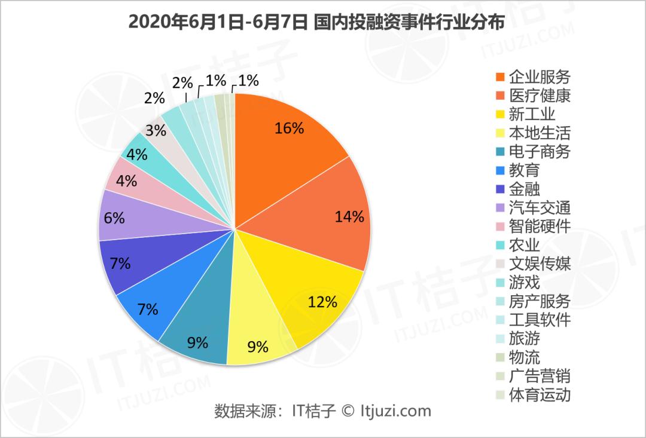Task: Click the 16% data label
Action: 290,128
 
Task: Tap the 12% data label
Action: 322,302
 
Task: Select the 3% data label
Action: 156,130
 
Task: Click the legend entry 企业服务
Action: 540,76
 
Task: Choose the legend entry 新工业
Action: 532,114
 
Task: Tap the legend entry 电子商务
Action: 540,151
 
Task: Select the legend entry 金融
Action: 525,189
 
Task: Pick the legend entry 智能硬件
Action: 540,226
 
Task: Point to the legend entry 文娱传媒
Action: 540,264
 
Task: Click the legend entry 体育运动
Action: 540,394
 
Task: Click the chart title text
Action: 316,22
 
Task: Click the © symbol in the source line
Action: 348,411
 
